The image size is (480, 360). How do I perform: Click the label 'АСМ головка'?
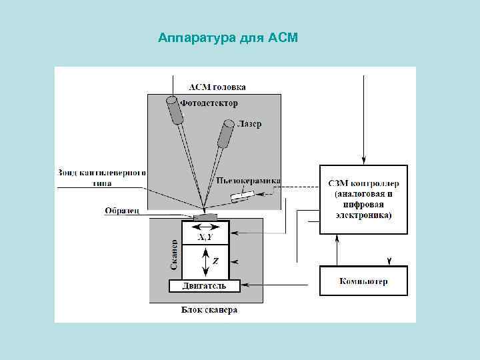(217, 87)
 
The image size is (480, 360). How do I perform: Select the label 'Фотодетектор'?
(209, 103)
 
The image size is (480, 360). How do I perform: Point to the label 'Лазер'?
(249, 124)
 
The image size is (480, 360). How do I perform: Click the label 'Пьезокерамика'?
(249, 181)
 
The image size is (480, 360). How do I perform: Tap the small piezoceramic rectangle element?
(242, 196)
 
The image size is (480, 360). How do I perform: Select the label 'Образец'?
(122, 211)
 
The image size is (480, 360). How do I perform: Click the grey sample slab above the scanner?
(205, 217)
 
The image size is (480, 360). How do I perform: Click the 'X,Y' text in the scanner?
(205, 238)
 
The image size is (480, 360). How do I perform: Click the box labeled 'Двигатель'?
(204, 286)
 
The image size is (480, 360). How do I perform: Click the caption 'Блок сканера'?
(209, 310)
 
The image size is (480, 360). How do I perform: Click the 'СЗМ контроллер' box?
(363, 199)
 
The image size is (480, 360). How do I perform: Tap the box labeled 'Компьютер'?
(363, 281)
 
